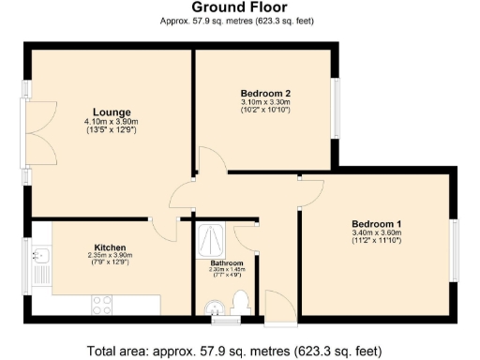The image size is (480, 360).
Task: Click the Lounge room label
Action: point(111,112)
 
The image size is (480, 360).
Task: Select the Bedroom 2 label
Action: point(265,93)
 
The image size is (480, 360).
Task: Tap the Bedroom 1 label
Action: point(376,223)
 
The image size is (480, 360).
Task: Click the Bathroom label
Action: point(226,262)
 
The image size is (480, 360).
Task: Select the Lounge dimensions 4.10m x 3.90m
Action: point(111,122)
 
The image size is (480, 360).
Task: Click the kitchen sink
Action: point(41,258)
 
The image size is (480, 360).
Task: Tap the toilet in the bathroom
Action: point(240,302)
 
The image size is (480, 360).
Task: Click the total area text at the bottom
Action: point(234,352)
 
